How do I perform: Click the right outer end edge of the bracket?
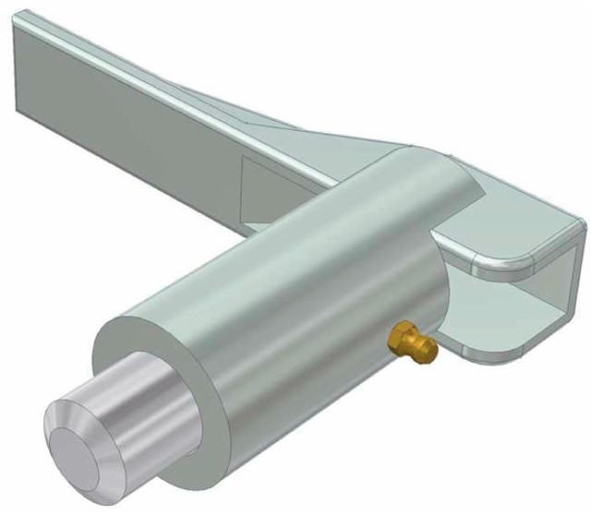point(579,268)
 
